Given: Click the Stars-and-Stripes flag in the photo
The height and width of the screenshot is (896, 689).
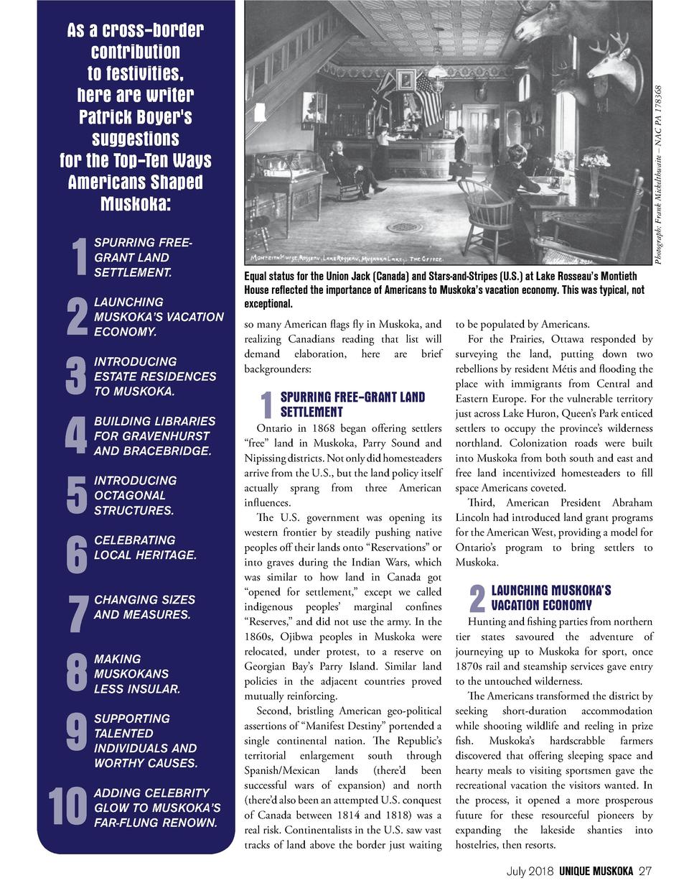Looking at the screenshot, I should click(428, 100).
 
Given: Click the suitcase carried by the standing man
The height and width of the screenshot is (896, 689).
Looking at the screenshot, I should click(456, 168).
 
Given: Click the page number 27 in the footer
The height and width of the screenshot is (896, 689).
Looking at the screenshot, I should click(645, 872).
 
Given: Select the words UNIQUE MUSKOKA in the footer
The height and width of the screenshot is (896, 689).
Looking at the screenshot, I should click(596, 872).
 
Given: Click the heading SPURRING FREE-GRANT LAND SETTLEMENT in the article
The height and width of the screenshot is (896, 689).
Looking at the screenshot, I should click(352, 405).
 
